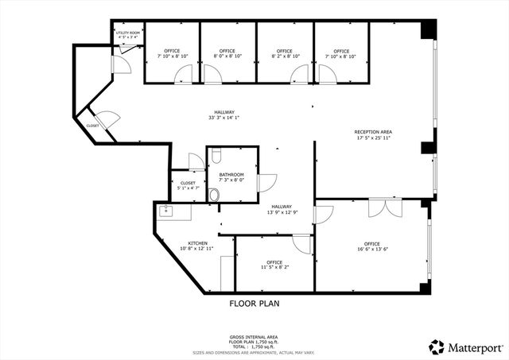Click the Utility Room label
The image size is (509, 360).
(128, 33)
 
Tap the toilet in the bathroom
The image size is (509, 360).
(213, 195)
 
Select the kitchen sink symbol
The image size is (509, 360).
(166, 211)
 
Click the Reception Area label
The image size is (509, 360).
(373, 131)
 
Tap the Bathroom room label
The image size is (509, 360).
(231, 175)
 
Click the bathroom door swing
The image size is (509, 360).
(266, 182)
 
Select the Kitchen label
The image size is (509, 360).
(197, 243)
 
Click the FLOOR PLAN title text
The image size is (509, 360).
(254, 303)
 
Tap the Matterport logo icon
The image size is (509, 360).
(436, 346)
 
